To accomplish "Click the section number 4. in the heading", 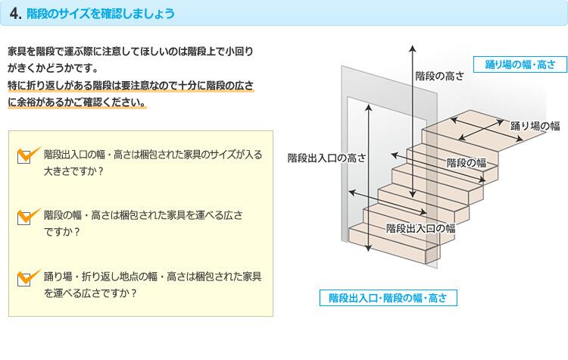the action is point(16,14).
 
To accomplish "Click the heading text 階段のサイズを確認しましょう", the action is point(101,14).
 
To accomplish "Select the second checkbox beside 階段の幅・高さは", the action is point(24,218).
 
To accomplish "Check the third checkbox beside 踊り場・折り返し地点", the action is point(24,279).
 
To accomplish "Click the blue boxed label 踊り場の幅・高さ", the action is point(520,64).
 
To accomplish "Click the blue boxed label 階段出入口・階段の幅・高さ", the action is point(388,298).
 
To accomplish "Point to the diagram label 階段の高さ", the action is point(439,76).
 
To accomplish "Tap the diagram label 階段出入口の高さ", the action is point(326,158).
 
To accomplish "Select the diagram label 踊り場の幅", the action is point(535,126).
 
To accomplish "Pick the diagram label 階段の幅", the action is point(467,163).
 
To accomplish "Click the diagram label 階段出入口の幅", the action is point(420,228).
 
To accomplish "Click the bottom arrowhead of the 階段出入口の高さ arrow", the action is point(368,249).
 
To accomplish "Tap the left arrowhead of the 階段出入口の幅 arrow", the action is point(351,193).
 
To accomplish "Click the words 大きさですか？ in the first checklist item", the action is point(73,171).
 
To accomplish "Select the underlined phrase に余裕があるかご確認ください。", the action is point(76,102).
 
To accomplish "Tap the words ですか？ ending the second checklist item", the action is point(61,232).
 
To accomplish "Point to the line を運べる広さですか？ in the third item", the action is point(90,293).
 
